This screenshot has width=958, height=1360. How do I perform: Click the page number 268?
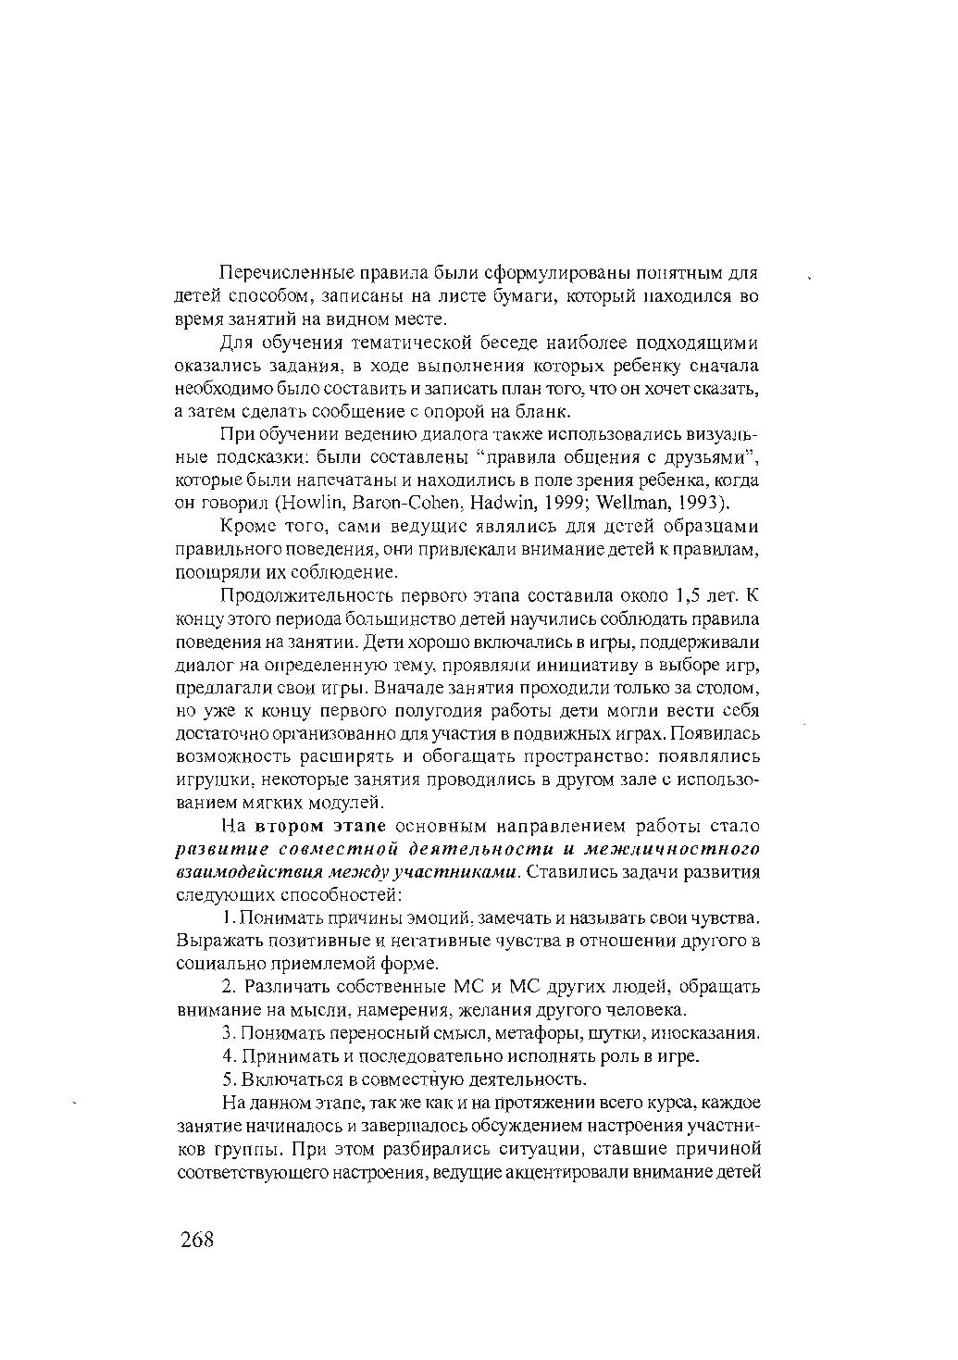pyautogui.click(x=197, y=1239)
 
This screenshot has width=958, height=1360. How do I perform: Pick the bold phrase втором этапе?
pyautogui.click(x=322, y=826)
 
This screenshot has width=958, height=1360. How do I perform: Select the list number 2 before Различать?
pyautogui.click(x=228, y=987)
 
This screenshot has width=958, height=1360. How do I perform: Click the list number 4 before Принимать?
pyautogui.click(x=228, y=1056)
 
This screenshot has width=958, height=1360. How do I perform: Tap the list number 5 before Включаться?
pyautogui.click(x=228, y=1079)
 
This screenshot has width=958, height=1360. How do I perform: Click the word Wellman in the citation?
pyautogui.click(x=636, y=503)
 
